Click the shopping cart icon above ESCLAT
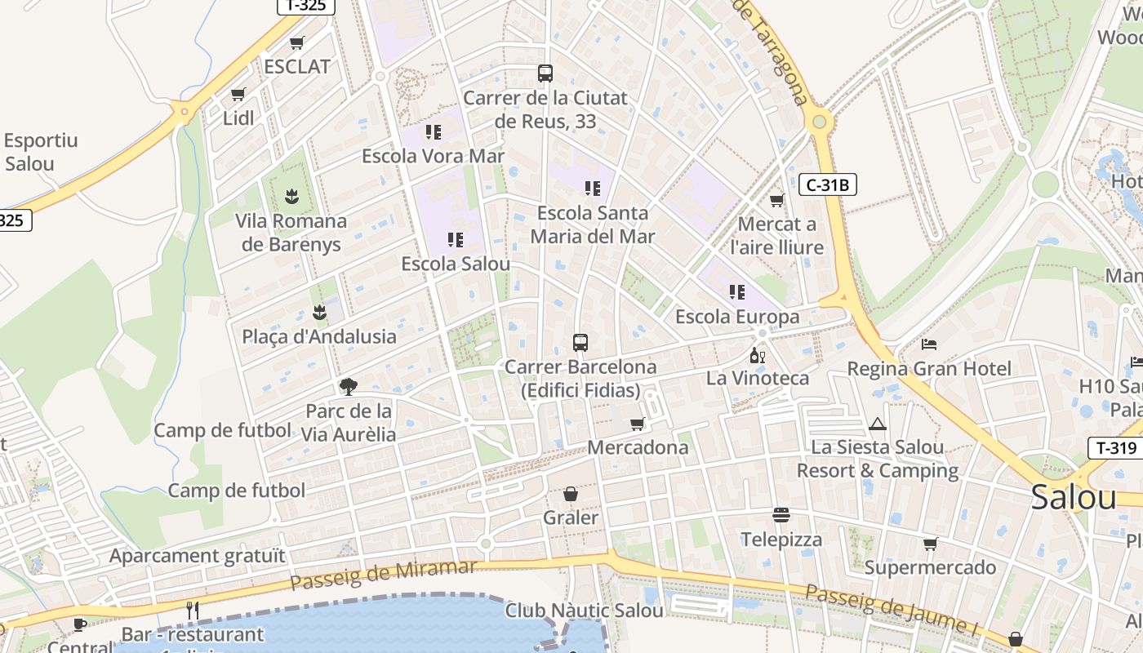[297, 42]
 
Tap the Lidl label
[238, 118]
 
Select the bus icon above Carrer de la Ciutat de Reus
[545, 73]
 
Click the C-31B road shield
[827, 185]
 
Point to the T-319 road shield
[1115, 447]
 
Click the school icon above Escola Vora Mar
[433, 131]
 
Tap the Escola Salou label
[456, 264]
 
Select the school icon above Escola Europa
[737, 291]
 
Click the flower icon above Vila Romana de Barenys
[291, 196]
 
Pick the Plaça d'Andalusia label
[319, 336]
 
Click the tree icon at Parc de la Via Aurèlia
[349, 386]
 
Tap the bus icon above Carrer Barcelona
[580, 343]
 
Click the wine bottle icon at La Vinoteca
[758, 355]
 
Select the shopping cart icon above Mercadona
[638, 424]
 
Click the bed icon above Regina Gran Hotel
[929, 344]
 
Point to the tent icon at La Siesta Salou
[878, 424]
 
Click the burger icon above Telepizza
[781, 515]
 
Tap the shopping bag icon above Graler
[571, 494]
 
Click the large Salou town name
[1073, 496]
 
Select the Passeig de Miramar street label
[383, 575]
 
